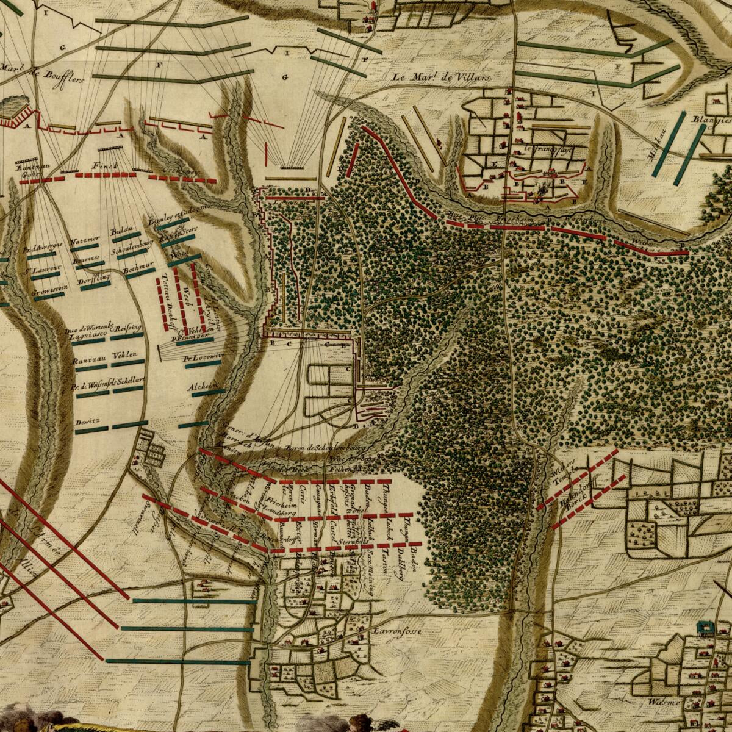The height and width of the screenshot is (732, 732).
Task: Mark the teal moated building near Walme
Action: click(706, 628)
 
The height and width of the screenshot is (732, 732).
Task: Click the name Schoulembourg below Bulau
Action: click(131, 251)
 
